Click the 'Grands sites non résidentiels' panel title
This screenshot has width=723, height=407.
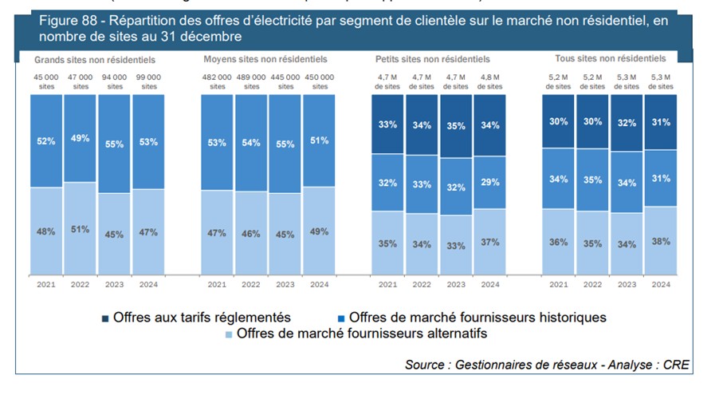coord(95,60)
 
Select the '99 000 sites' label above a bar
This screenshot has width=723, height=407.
coord(148,81)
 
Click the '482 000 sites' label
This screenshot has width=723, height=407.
coord(217,81)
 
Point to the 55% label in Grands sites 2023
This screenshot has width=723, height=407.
coord(115,145)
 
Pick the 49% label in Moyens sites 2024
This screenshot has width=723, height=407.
coord(319,232)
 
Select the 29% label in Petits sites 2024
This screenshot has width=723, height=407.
coord(490,183)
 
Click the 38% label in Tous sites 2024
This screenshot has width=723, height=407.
coord(661,241)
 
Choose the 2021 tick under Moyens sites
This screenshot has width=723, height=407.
coord(217,284)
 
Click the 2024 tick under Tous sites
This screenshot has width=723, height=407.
coord(661,284)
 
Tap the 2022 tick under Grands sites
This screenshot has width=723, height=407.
coord(81,284)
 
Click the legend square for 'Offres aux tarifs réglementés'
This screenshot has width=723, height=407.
coord(106,318)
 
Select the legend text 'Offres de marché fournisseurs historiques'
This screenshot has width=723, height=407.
coord(477,318)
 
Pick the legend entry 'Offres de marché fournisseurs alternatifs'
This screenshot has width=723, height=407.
coord(362,334)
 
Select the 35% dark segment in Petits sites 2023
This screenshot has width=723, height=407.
coord(456,126)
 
